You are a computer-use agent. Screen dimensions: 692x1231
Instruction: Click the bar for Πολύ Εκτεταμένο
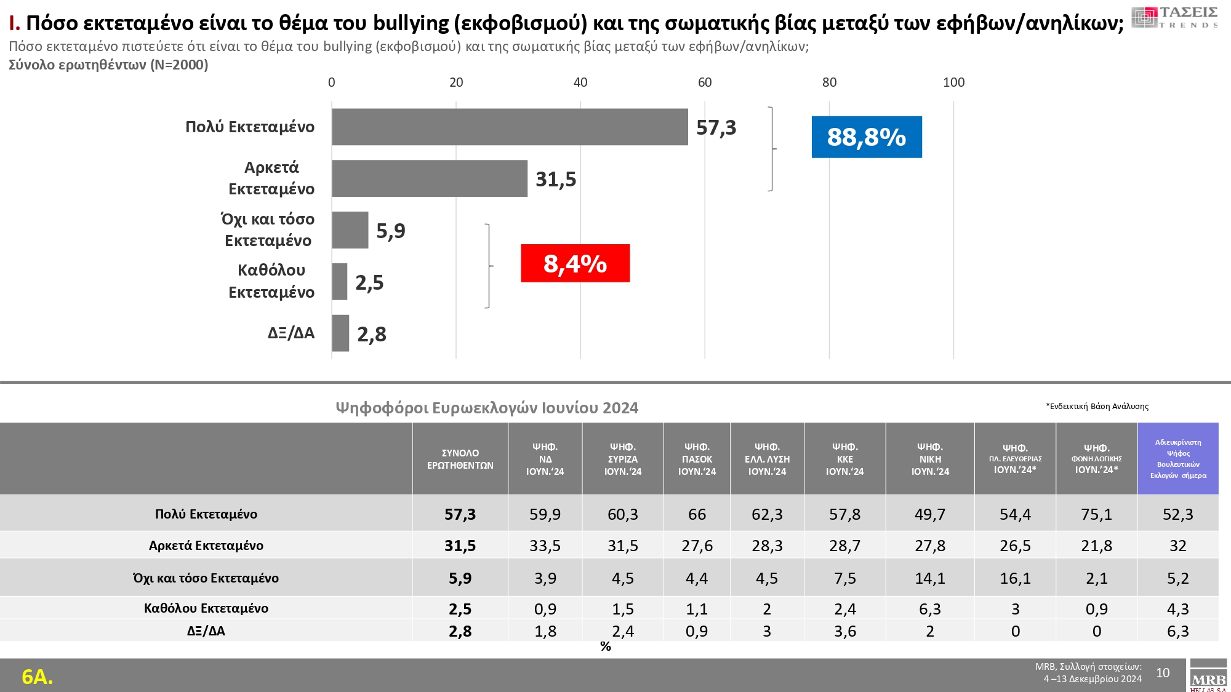tap(510, 127)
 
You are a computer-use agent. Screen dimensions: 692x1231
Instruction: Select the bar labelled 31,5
tap(430, 179)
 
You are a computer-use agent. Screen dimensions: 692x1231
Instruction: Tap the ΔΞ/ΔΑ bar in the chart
tap(340, 333)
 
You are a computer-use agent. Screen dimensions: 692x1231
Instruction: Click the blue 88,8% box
tap(867, 137)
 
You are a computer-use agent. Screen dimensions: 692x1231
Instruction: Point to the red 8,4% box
tap(575, 263)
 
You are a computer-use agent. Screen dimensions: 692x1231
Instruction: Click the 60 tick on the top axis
tap(705, 82)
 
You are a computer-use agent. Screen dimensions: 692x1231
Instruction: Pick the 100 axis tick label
tap(953, 82)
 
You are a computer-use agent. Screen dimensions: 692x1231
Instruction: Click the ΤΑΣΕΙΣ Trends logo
tap(1175, 18)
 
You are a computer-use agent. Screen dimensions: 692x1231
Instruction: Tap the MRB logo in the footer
tap(1208, 676)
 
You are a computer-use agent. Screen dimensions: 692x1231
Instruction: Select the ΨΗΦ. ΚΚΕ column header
tap(844, 459)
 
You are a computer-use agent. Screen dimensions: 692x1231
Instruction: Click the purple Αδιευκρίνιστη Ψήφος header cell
tap(1178, 459)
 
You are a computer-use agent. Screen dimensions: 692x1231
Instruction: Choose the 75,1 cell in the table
tap(1096, 514)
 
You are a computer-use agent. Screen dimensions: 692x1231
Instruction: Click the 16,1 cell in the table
tap(1015, 578)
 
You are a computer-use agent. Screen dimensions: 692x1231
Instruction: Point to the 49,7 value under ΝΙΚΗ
tap(929, 514)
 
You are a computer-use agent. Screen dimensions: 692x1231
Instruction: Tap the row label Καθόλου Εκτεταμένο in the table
tap(206, 608)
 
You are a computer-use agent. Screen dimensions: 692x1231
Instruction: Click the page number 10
tap(1163, 673)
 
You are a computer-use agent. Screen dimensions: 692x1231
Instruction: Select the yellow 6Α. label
tap(38, 677)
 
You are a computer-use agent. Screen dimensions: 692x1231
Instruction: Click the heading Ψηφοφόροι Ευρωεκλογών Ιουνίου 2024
tap(487, 408)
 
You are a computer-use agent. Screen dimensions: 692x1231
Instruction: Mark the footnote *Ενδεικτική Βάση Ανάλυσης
tap(1097, 406)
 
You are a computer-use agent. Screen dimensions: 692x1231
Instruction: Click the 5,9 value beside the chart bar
tap(391, 231)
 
